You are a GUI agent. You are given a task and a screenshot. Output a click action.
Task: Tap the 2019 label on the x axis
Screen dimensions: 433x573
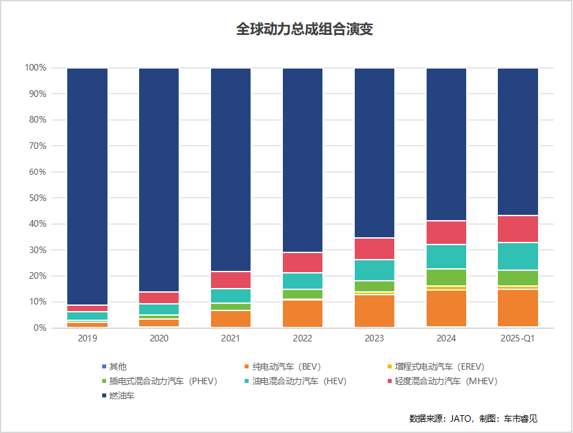pyautogui.click(x=87, y=338)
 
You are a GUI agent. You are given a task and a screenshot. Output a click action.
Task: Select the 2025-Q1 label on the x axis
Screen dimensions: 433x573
pyautogui.click(x=518, y=338)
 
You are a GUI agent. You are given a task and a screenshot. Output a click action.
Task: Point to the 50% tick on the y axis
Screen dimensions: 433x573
pyautogui.click(x=36, y=198)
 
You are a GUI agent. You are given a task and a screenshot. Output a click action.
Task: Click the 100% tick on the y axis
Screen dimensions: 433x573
pyautogui.click(x=34, y=68)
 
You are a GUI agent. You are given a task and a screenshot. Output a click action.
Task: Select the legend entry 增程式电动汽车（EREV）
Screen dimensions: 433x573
pyautogui.click(x=435, y=366)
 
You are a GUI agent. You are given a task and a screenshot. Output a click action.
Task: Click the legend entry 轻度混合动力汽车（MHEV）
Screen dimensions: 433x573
pyautogui.click(x=441, y=381)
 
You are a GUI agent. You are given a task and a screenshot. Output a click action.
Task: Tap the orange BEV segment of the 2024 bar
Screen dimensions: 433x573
pyautogui.click(x=446, y=308)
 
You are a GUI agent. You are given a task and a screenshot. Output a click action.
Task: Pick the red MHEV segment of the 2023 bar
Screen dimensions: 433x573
pyautogui.click(x=375, y=248)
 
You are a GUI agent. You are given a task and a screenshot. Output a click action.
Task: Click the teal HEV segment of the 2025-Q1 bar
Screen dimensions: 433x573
pyautogui.click(x=518, y=256)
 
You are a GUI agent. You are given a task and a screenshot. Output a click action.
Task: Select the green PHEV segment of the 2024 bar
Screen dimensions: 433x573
pyautogui.click(x=446, y=277)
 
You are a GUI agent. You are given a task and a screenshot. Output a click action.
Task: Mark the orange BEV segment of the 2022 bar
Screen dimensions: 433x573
pyautogui.click(x=303, y=313)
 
